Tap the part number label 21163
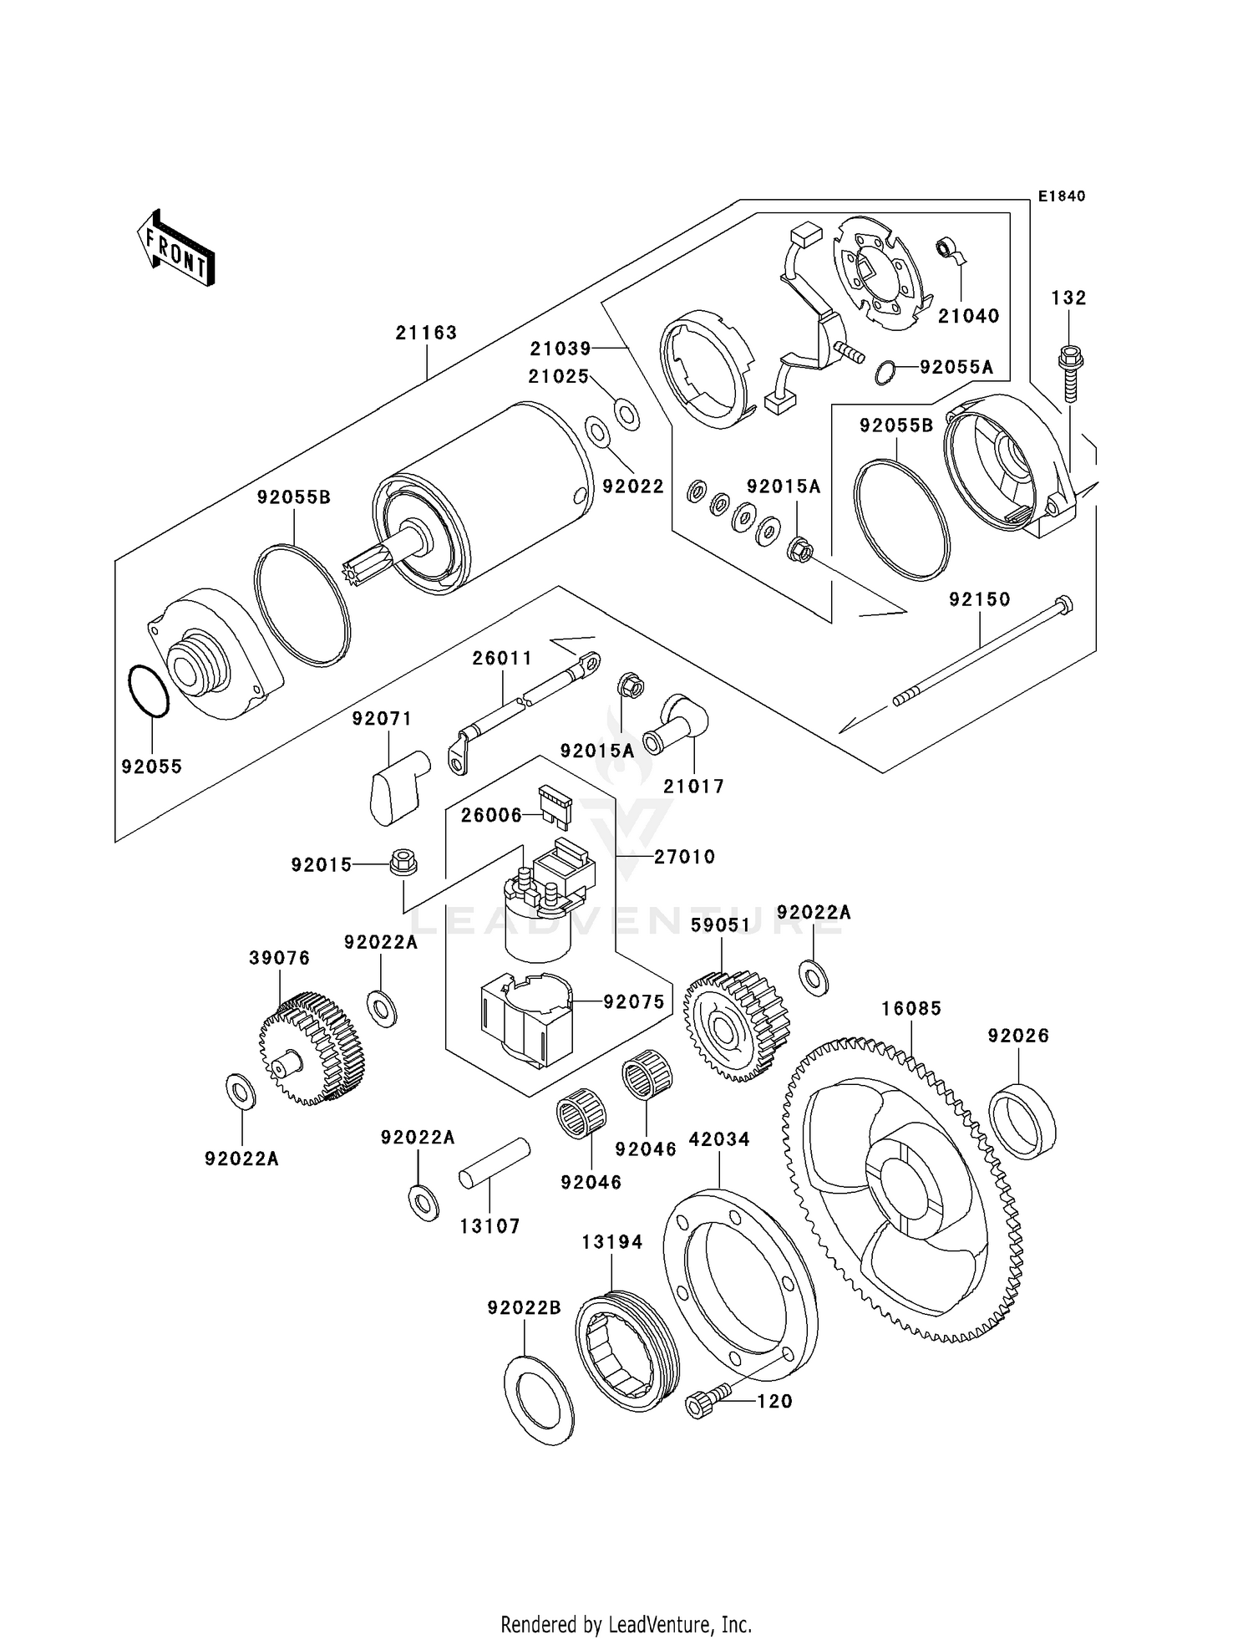point(426,333)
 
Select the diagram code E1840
point(1062,196)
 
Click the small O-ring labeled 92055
point(150,691)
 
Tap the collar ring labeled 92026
point(1022,1121)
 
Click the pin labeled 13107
point(495,1163)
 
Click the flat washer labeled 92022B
point(540,1400)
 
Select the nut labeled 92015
point(403,863)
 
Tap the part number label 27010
point(684,857)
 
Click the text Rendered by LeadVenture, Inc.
point(626,1624)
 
